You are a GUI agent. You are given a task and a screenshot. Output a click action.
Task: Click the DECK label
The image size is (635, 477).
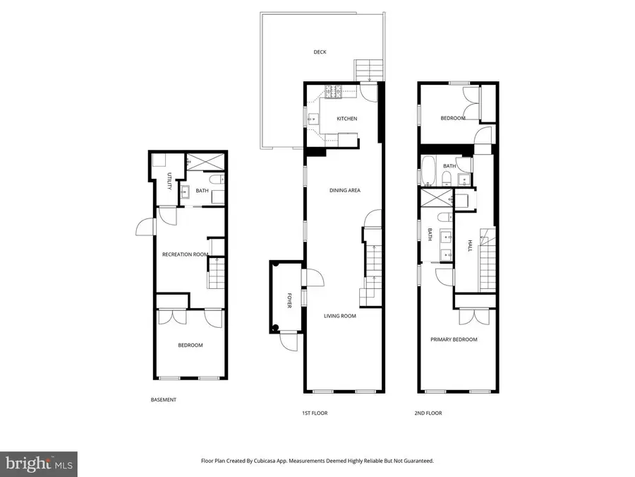[x=320, y=52]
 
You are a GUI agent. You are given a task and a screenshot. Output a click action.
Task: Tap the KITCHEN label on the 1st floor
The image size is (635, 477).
[x=346, y=119]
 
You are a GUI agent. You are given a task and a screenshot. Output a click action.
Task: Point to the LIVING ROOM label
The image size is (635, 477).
[x=340, y=316]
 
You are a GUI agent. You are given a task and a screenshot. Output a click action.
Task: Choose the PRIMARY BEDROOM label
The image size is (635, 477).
[x=454, y=339]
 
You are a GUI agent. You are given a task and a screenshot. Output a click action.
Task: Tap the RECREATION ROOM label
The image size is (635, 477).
[x=185, y=254]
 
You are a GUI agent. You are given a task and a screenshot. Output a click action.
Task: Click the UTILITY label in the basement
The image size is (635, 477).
[x=169, y=181]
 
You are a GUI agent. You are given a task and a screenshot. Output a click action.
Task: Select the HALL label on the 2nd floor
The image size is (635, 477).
[x=470, y=245]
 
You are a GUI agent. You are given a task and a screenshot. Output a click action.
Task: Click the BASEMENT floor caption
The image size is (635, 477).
[x=164, y=400]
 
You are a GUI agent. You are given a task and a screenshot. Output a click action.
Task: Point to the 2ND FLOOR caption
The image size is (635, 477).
[x=428, y=413]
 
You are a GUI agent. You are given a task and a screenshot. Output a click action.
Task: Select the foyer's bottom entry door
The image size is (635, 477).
[x=286, y=342]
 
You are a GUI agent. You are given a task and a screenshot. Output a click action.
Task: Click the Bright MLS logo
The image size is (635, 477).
[x=39, y=464]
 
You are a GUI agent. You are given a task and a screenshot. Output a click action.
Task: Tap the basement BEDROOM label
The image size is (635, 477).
[x=190, y=346]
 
